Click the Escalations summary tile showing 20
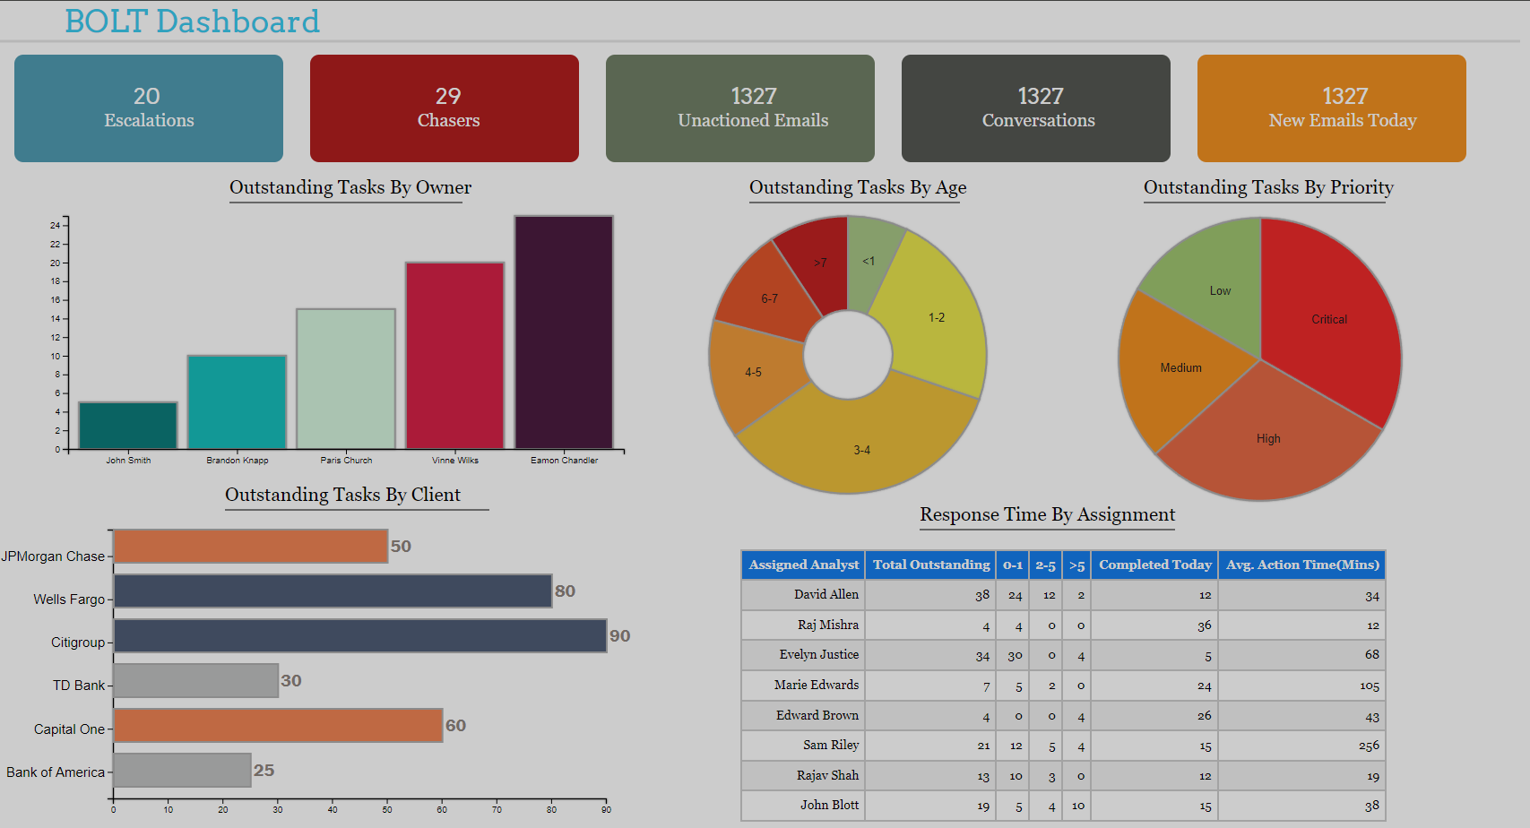coord(149,108)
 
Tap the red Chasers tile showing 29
coord(445,108)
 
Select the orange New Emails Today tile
coord(1332,108)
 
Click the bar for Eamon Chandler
coord(564,332)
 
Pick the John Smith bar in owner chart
coord(128,426)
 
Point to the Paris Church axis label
coord(346,461)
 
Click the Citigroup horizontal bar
coord(359,635)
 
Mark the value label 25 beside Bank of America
coord(264,771)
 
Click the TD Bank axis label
coord(79,686)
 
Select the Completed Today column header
coord(1154,565)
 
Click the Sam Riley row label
coord(830,745)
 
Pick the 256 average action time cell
coord(1368,746)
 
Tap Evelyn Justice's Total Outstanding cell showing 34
coord(982,656)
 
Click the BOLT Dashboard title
coord(192,22)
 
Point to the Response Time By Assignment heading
coord(1047,514)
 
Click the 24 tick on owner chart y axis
coord(56,225)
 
